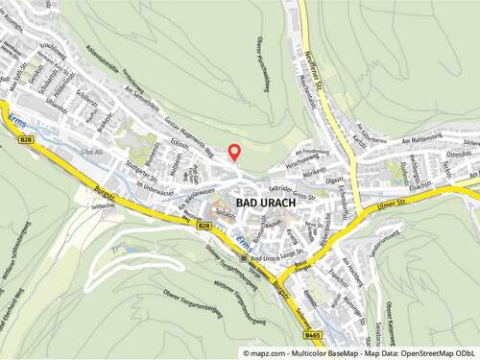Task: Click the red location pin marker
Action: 233,151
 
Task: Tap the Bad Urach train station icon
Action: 244,259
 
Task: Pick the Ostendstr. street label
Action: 457,147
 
